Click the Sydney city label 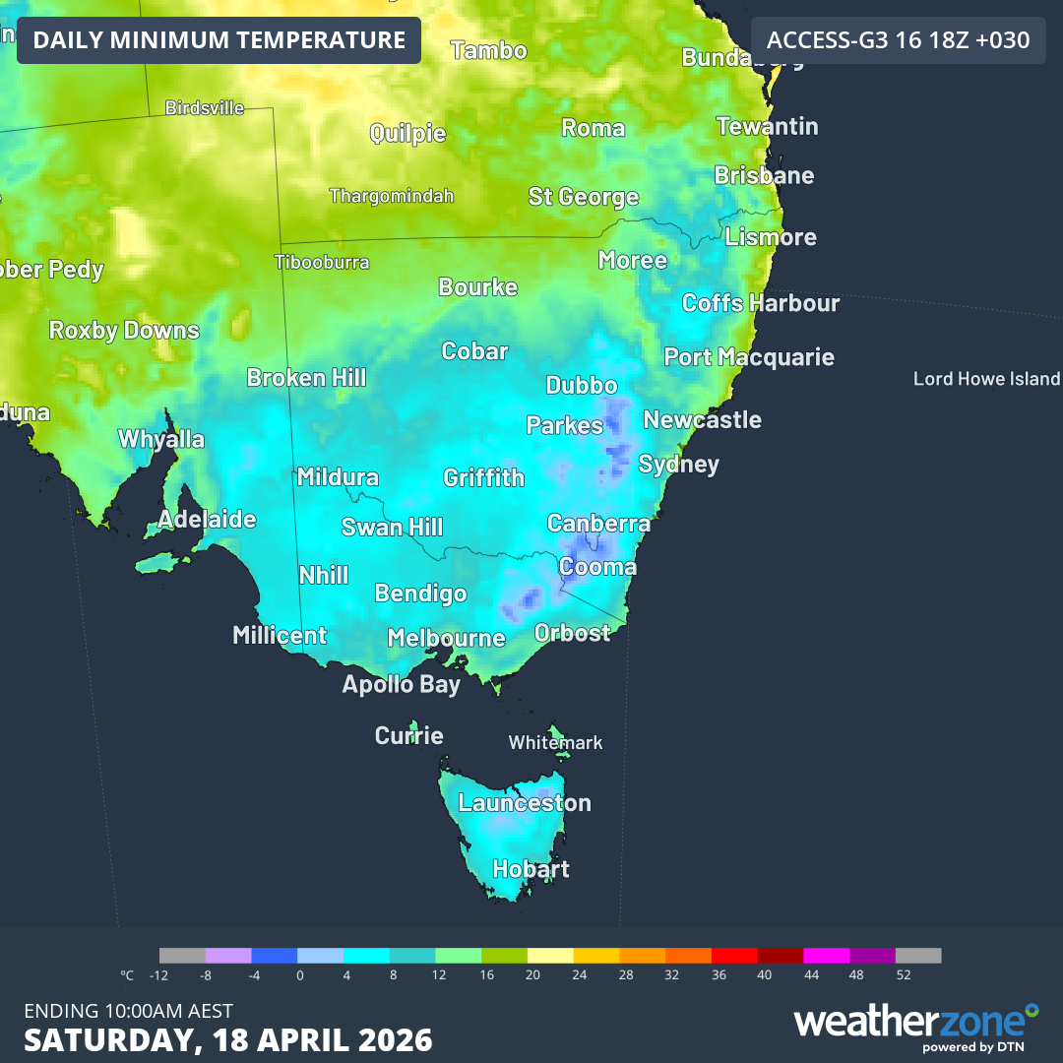point(678,464)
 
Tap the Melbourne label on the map point(446,638)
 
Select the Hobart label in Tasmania point(531,869)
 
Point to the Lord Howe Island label point(986,379)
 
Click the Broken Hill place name point(306,377)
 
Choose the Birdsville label point(205,108)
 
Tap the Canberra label point(598,524)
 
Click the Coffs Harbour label point(760,303)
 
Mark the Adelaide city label point(207,519)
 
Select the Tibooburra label point(322,262)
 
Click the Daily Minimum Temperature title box point(219,40)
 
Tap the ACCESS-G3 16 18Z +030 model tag point(898,40)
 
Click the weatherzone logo point(915,1024)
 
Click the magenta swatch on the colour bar point(826,956)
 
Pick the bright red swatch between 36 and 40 point(733,956)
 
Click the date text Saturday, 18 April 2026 point(227,1039)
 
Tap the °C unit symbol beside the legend point(127,975)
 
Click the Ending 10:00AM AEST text point(128,1011)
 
